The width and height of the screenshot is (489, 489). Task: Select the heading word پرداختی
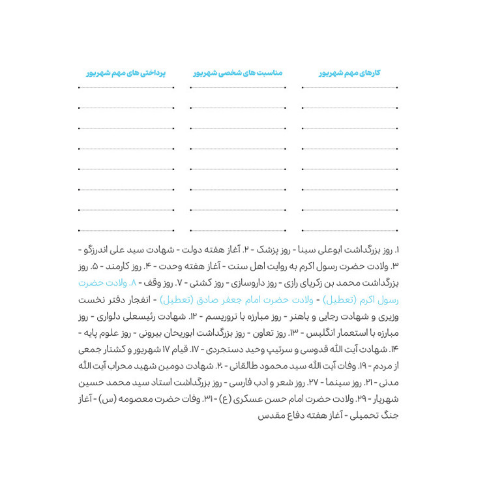point(153,73)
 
